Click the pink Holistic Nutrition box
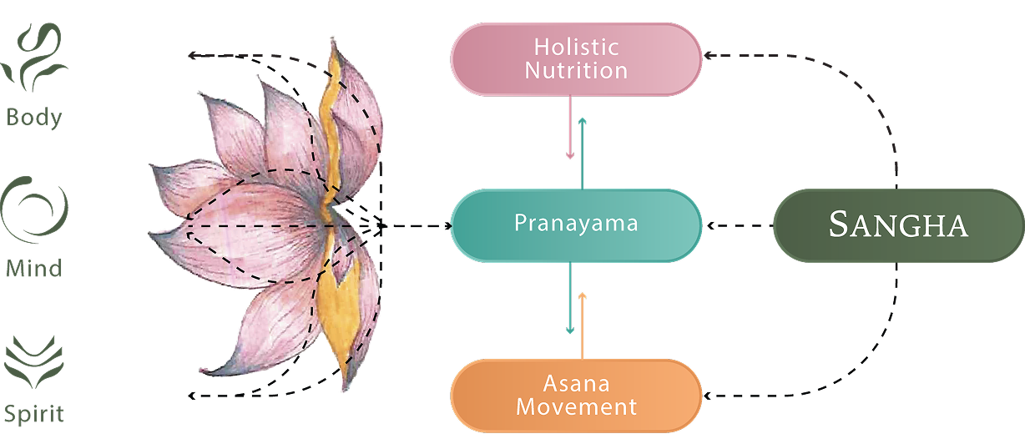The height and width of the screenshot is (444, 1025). [x=576, y=59]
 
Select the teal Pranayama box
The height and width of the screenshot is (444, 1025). [x=576, y=225]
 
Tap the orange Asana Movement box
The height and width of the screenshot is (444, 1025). [x=576, y=396]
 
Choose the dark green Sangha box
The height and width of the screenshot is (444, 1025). [x=899, y=225]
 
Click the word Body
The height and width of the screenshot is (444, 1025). [x=34, y=119]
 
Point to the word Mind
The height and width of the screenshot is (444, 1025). [x=34, y=268]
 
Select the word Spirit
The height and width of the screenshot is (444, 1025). [x=34, y=414]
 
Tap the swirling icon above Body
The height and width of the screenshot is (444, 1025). [x=34, y=58]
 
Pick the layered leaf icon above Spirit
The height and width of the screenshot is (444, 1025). [x=34, y=362]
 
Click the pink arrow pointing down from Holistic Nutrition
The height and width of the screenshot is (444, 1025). [x=570, y=127]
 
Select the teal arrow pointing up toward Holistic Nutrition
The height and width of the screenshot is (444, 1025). [x=582, y=154]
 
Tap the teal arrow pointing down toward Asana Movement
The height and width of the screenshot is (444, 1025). [x=570, y=297]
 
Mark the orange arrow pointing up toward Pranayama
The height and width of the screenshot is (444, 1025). [x=582, y=325]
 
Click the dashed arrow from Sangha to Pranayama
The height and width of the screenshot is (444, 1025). [x=740, y=225]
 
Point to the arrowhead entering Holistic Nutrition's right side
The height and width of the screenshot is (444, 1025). [x=709, y=55]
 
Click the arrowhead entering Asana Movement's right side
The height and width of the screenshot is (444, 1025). [x=709, y=396]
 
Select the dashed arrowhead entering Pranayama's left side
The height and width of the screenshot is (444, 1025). [x=447, y=225]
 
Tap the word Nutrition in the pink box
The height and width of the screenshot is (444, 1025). [x=576, y=70]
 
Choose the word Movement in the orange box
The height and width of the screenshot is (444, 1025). [x=576, y=407]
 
